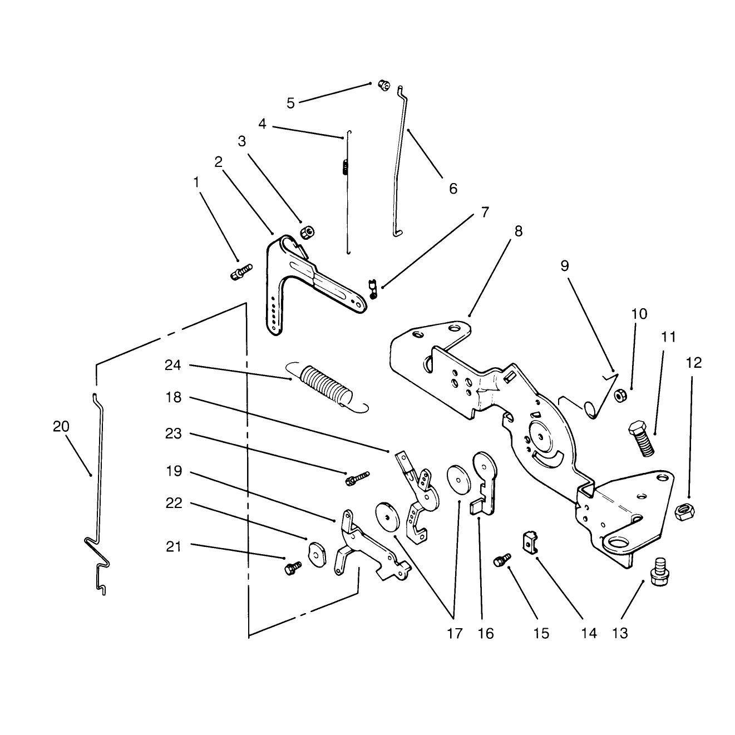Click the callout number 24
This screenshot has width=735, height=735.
172,366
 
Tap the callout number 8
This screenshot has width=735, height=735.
519,231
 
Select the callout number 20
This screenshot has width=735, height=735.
61,426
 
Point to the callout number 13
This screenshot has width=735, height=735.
620,633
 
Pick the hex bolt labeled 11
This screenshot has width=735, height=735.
641,438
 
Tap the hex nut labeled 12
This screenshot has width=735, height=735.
685,511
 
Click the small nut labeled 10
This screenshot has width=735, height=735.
620,396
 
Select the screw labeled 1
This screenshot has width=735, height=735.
242,272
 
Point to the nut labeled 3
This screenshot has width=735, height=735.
307,232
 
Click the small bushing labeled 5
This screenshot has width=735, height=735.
383,85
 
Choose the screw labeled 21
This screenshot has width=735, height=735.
293,568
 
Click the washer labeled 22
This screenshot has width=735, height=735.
317,554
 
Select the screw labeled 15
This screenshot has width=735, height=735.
502,560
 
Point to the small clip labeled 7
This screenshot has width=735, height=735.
373,289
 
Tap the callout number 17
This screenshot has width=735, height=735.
454,633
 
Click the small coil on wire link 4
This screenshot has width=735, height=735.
345,167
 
